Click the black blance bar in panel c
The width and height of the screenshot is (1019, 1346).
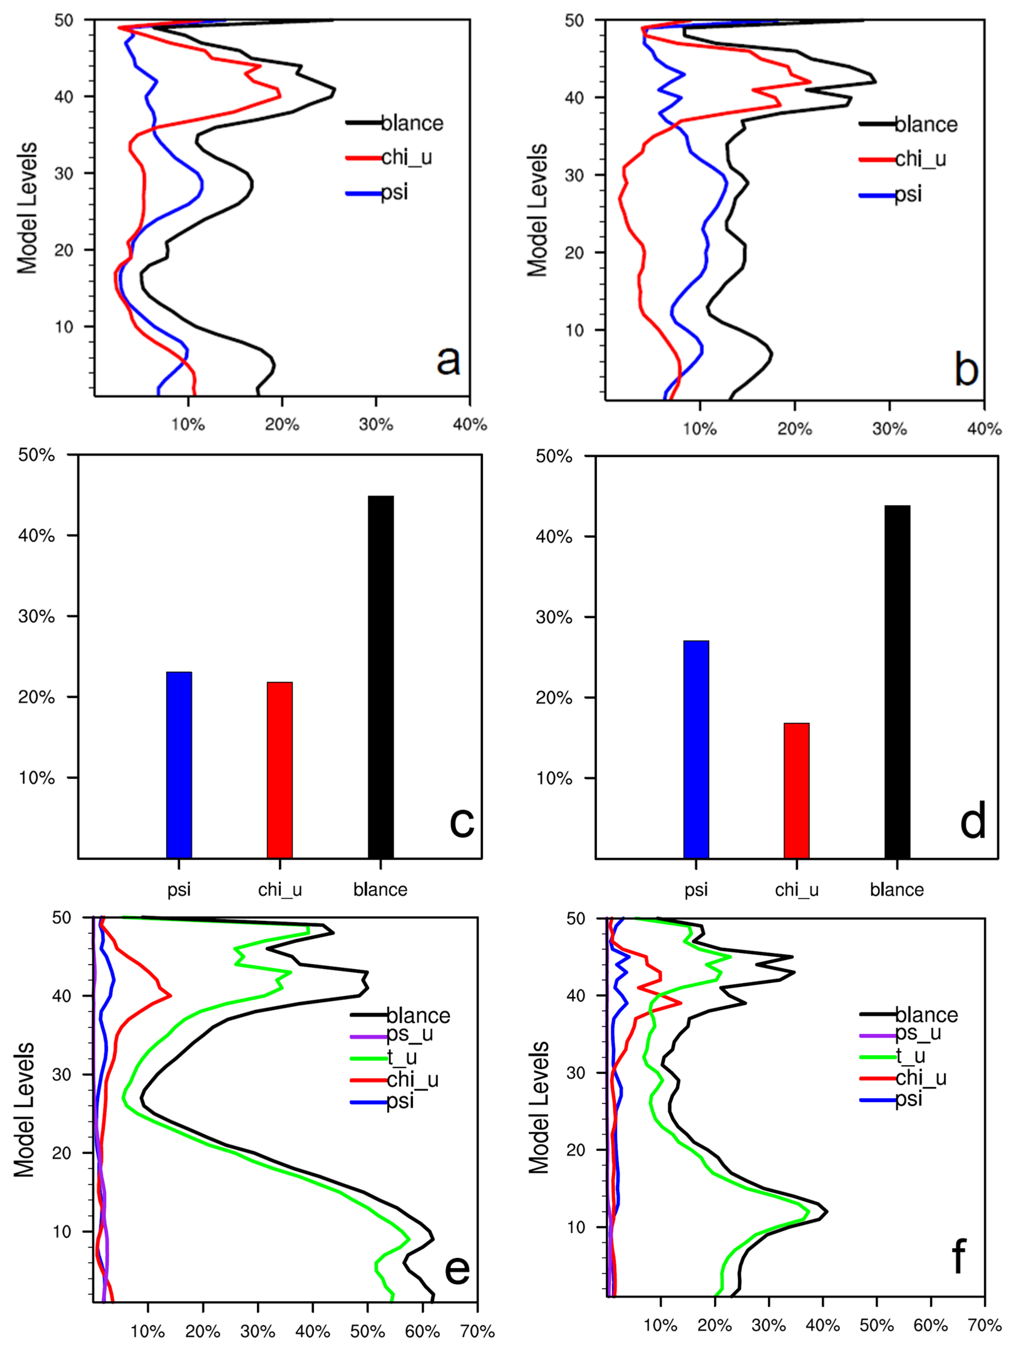point(381,677)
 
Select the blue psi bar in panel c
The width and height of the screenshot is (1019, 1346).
point(179,765)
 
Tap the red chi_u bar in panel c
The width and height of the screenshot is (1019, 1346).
point(280,770)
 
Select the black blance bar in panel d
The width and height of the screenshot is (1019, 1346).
point(897,682)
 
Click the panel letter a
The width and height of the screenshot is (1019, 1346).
point(448,360)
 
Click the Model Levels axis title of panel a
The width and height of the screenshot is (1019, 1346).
point(27,208)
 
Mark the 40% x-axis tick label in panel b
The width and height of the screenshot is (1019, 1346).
point(984,429)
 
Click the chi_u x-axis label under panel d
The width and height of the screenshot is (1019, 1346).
point(796,890)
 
